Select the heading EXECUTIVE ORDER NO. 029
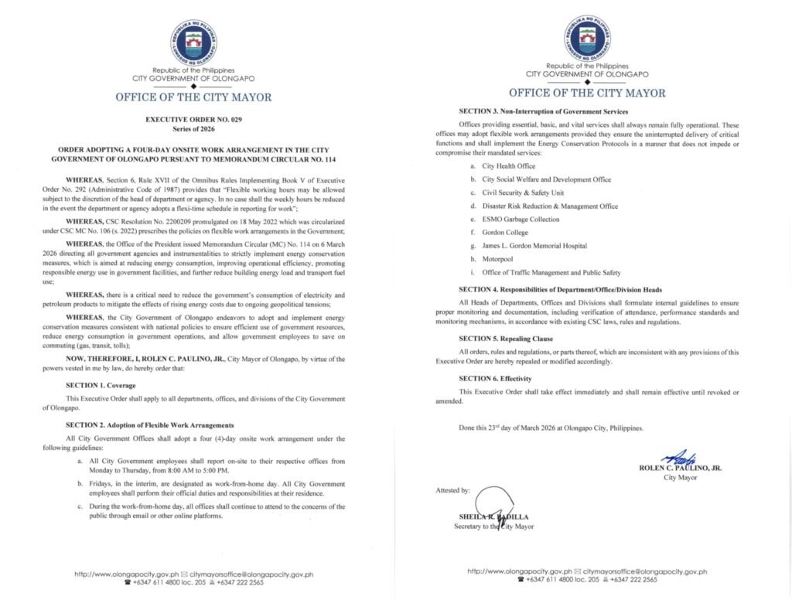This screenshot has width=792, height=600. click(x=193, y=121)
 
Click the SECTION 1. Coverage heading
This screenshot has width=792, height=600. click(x=101, y=385)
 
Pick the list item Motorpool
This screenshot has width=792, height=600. click(x=499, y=259)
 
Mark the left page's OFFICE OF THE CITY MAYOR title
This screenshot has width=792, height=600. click(x=193, y=97)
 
